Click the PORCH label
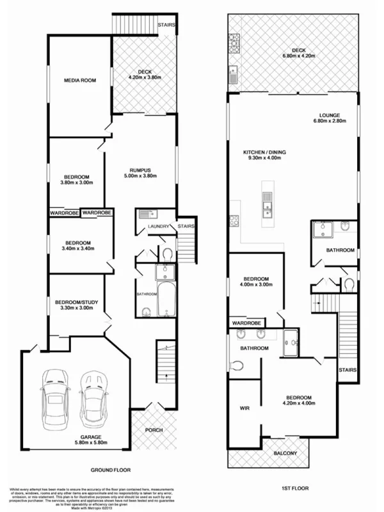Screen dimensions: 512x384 154,429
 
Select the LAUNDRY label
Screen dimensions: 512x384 157,226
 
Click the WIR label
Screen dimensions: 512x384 244,406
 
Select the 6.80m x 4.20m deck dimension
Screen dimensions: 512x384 295,56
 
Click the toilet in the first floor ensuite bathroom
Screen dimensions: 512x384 237,365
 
